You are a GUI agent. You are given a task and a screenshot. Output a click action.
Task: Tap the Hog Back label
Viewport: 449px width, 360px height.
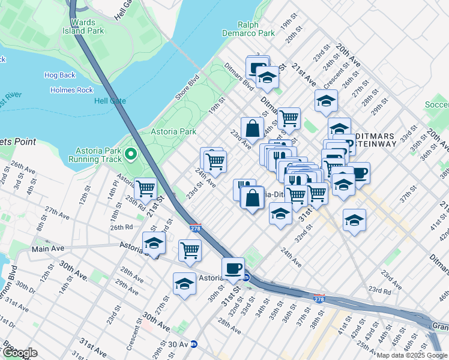click(x=59, y=75)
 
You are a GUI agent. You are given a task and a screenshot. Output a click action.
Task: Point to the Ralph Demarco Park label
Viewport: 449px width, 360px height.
click(x=248, y=29)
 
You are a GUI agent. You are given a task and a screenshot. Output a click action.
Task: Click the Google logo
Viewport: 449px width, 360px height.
click(x=20, y=353)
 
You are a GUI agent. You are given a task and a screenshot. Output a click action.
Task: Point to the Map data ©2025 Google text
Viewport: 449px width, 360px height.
click(x=412, y=355)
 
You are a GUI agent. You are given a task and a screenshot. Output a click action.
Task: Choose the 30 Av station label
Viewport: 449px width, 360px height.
click(x=178, y=344)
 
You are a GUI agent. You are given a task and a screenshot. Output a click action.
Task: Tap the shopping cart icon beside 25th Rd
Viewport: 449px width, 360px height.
click(x=145, y=188)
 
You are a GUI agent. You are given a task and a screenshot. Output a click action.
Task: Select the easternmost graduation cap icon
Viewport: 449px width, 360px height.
click(x=354, y=220)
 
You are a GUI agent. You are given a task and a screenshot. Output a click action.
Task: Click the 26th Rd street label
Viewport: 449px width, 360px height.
click(x=121, y=227)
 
